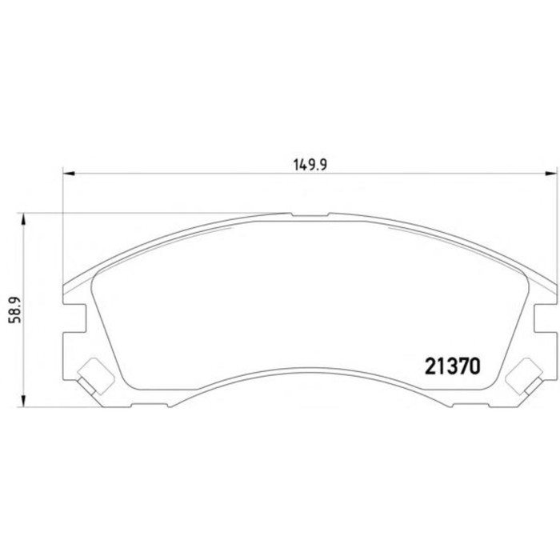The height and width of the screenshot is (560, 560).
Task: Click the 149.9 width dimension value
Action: point(310,165)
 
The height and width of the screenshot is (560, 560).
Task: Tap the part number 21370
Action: point(453,366)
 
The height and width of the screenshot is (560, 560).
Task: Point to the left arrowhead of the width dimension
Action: point(69,174)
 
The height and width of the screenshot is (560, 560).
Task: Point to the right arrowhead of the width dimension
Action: point(550,174)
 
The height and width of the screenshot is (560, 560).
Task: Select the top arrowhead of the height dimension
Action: point(23,219)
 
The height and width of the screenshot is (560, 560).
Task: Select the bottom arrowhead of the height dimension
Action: point(23,401)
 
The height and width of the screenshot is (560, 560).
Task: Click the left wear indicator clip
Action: point(95,377)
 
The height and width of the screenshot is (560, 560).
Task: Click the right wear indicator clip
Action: point(525,377)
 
